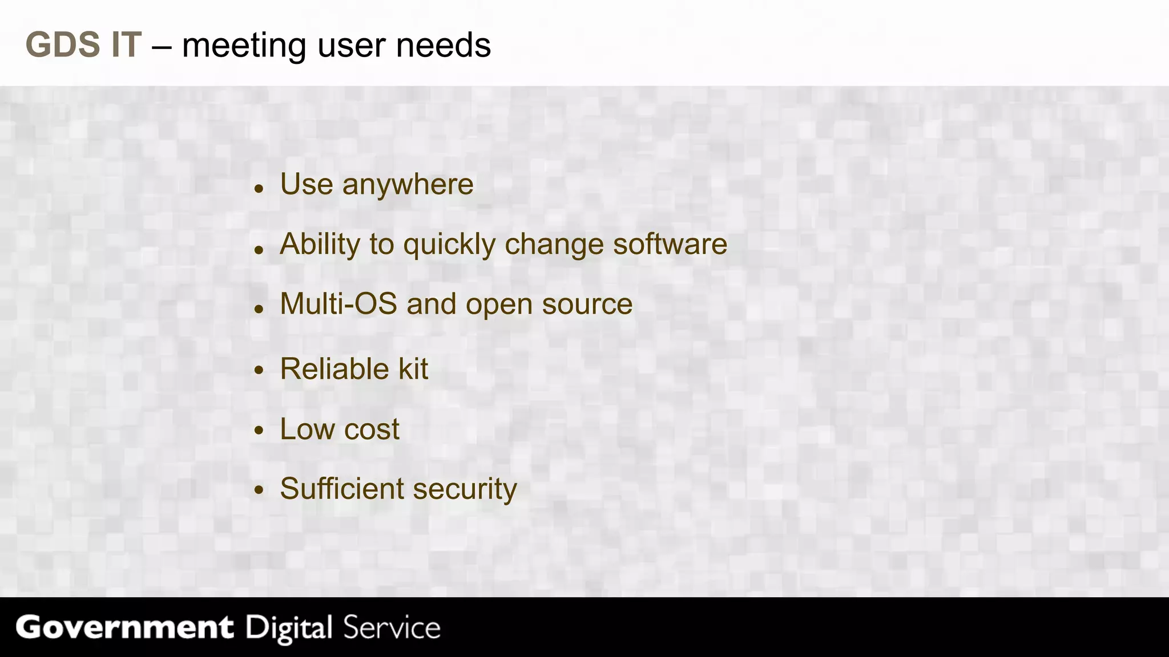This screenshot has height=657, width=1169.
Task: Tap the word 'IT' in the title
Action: [x=126, y=44]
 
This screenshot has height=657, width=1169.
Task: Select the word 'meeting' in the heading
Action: [x=244, y=46]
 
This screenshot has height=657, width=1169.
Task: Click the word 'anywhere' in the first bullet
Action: [x=408, y=185]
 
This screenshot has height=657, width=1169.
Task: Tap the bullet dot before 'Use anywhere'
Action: [x=259, y=188]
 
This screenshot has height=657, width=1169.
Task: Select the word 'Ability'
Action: [x=320, y=245]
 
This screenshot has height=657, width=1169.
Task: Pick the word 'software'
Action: [x=670, y=244]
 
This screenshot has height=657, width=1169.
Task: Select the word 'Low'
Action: [x=307, y=429]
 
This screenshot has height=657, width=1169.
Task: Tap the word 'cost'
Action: [x=371, y=429]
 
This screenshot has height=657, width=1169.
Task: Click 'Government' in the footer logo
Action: [x=124, y=627]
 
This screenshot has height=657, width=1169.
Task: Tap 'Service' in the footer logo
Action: [x=392, y=627]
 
